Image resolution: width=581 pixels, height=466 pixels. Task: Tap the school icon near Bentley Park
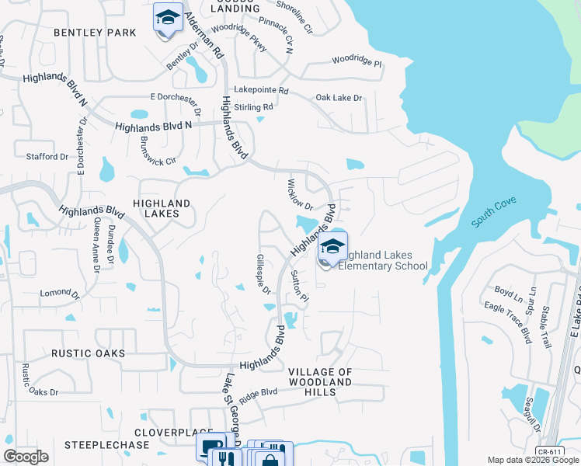pyautogui.click(x=168, y=18)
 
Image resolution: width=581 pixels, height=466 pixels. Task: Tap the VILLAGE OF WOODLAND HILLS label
pyautogui.click(x=320, y=382)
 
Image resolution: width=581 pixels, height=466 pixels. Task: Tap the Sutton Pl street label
pyautogui.click(x=299, y=287)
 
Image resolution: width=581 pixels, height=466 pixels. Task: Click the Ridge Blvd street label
pyautogui.click(x=259, y=395)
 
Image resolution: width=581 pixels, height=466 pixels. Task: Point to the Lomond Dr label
pyautogui.click(x=61, y=293)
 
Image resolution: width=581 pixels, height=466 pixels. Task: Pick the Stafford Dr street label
pyautogui.click(x=47, y=156)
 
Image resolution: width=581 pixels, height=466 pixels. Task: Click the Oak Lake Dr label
pyautogui.click(x=339, y=98)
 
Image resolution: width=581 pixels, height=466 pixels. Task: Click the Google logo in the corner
pyautogui.click(x=26, y=457)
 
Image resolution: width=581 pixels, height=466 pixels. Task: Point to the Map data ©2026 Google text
pyautogui.click(x=532, y=460)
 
